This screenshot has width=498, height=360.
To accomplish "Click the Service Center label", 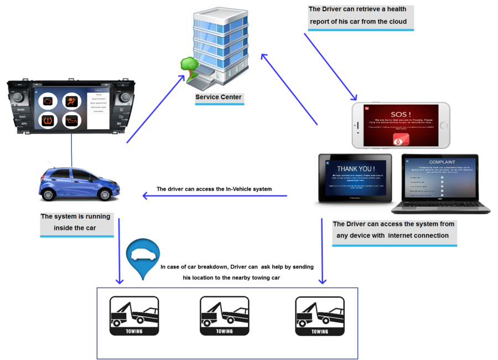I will (x=219, y=97).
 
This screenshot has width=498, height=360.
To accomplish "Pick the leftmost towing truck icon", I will (x=134, y=316).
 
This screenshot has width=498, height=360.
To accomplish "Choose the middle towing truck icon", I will (x=224, y=316).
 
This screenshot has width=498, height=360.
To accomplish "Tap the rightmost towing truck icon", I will (x=319, y=316).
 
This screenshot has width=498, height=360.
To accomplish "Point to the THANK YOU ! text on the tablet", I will (x=356, y=168).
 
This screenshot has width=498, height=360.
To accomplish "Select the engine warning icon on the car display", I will (x=48, y=101).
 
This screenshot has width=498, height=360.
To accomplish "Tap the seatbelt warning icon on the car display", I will (x=71, y=101).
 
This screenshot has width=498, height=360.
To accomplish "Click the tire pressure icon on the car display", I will (x=48, y=120).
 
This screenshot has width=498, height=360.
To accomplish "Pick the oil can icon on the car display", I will (x=71, y=120).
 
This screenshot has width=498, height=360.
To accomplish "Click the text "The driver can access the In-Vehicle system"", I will (x=214, y=189).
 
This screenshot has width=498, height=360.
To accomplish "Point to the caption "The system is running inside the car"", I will (x=75, y=222).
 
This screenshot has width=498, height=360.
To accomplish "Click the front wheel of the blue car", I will (x=105, y=194).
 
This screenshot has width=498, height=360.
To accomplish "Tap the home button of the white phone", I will (x=443, y=125).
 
